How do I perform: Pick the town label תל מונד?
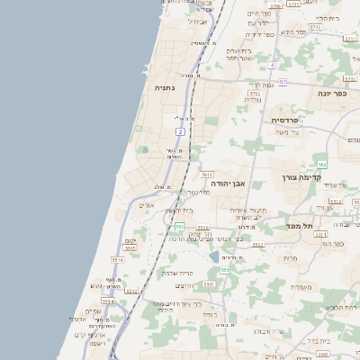point(299,226)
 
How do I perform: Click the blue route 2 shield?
point(181,132)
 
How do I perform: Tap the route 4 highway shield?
point(272,65)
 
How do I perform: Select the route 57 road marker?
point(283,82)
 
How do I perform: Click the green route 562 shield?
point(321,164)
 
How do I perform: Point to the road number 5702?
point(255,93)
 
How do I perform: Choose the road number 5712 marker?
point(315,27)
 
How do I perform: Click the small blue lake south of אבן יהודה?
point(214,256)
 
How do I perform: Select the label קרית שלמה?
point(176,273)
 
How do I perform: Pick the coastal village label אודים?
point(148,205)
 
